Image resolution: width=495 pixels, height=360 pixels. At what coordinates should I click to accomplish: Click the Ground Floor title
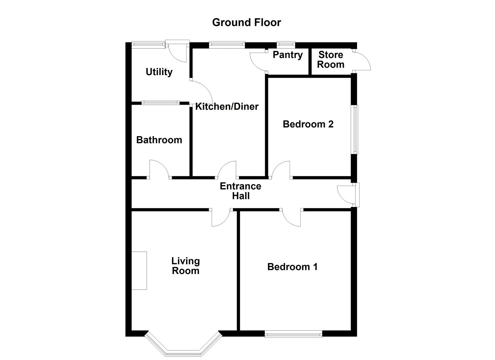[246, 22]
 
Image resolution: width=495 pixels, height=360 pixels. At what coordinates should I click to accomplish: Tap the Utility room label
[159, 72]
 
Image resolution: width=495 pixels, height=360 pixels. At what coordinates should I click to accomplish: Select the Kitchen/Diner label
[227, 106]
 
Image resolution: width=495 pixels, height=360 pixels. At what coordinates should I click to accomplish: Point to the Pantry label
[287, 55]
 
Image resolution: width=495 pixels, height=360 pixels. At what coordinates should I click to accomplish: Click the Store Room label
[331, 59]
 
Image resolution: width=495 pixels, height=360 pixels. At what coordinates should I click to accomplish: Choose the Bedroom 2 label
[308, 124]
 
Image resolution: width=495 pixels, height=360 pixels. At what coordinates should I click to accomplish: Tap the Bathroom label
[159, 140]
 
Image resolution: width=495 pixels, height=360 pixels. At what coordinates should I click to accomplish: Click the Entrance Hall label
[240, 191]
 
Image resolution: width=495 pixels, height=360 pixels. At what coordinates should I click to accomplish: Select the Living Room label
[185, 266]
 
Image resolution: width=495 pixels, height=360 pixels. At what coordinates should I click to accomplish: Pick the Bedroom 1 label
[292, 267]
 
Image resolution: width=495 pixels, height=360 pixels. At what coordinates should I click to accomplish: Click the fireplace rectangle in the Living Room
[139, 270]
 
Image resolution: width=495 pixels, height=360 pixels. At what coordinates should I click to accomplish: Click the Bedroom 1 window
[293, 333]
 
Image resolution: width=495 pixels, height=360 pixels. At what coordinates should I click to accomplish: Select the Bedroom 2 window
[355, 129]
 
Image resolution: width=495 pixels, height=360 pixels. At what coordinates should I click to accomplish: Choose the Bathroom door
[159, 169]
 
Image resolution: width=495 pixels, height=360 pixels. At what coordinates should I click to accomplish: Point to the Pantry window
[286, 43]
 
